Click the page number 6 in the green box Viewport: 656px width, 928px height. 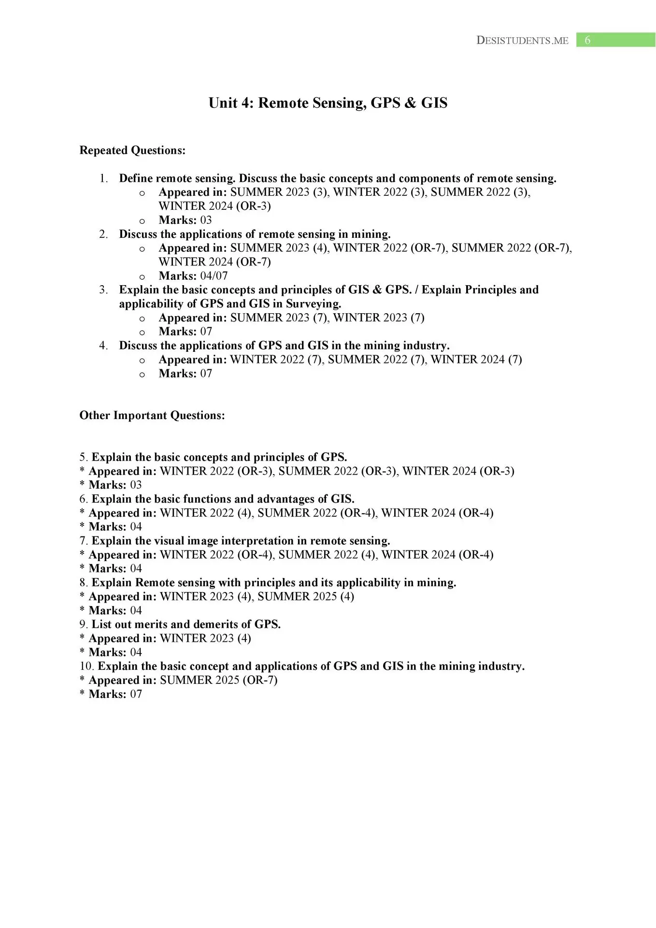587,40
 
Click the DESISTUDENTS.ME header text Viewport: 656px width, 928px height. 522,41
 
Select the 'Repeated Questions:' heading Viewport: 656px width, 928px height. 132,150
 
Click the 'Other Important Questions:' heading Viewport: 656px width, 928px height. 152,416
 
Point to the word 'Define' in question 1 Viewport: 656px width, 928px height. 136,178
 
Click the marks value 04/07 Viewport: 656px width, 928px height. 214,276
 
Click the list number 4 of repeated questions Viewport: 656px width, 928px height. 103,346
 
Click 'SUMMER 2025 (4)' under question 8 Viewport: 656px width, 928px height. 306,596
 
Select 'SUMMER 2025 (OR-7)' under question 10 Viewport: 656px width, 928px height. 219,680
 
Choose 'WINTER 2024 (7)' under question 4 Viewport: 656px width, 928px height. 476,360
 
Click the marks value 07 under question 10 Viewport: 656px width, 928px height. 136,694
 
